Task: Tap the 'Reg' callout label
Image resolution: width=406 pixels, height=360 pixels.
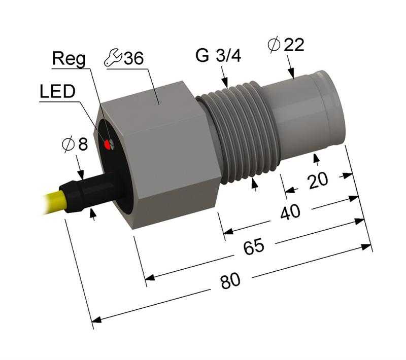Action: click(x=70, y=59)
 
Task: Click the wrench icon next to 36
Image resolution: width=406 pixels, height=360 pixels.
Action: click(x=112, y=58)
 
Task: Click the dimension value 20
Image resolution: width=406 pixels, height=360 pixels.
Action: click(x=318, y=180)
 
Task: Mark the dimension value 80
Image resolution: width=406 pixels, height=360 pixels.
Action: click(x=230, y=280)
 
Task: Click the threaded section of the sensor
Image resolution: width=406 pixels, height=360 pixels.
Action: click(x=239, y=134)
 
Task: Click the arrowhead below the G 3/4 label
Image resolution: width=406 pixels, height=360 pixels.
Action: click(x=225, y=81)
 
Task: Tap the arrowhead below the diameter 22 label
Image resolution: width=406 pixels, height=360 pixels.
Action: click(x=291, y=74)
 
